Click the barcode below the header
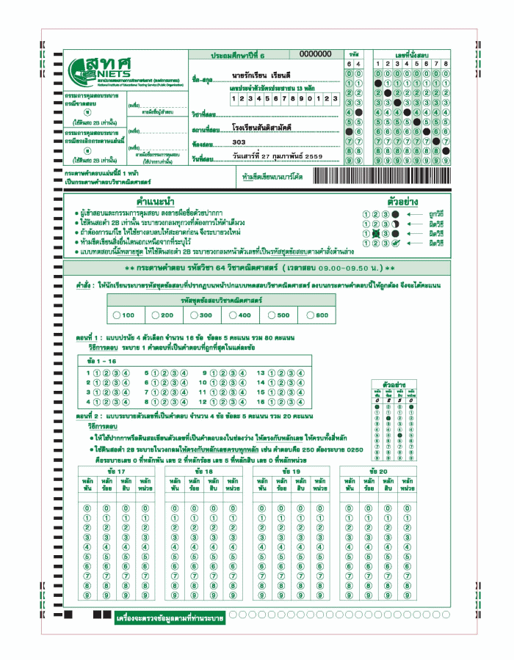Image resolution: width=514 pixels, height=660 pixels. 381,177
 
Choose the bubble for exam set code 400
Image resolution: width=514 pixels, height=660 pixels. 232,315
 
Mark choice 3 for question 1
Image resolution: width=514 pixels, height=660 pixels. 116,373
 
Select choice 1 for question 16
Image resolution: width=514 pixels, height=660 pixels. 272,401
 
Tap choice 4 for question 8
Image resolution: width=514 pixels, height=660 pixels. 183,401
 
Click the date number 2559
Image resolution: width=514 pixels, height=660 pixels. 312,157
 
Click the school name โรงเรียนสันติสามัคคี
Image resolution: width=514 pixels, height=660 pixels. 261,128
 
